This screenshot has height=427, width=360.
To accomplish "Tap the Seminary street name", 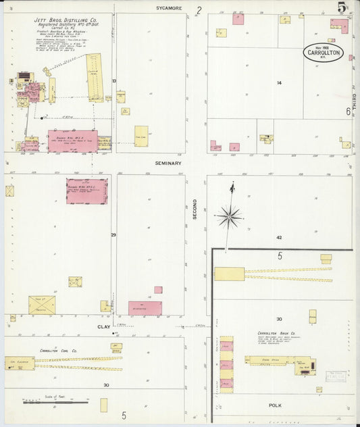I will (168, 164).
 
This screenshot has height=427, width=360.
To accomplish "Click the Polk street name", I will (274, 405).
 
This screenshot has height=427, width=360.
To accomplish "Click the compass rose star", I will (230, 216).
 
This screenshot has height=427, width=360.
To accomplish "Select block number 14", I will (278, 83).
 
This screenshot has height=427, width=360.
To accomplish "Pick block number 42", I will (278, 238).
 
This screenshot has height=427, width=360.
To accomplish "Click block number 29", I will (114, 235).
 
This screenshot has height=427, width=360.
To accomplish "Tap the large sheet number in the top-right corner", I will (343, 8).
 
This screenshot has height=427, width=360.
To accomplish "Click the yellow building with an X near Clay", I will (42, 305).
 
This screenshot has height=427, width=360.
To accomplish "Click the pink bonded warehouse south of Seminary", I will (86, 191).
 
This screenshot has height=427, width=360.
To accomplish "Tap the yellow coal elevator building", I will (20, 363).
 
